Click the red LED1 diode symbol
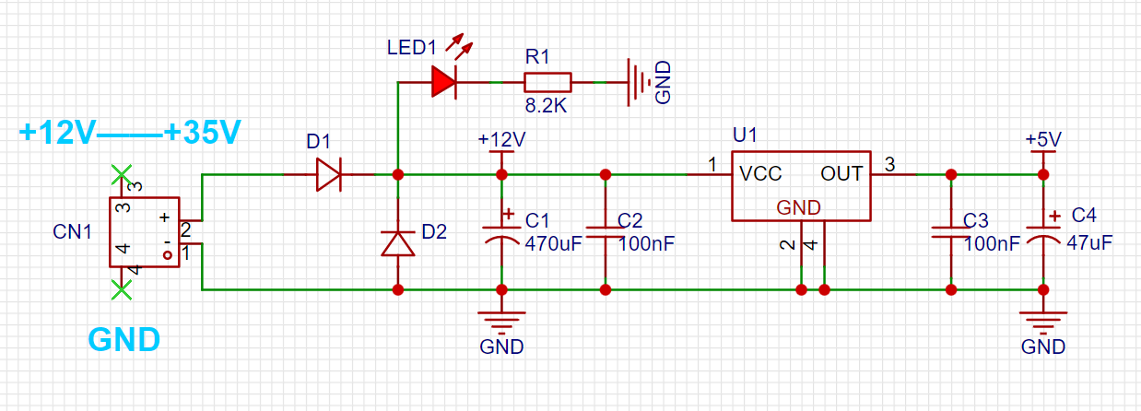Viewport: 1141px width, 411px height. click(443, 81)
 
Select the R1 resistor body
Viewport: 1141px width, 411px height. click(547, 82)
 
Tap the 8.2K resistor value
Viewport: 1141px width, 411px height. click(546, 106)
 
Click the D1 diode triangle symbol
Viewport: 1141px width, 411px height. click(328, 175)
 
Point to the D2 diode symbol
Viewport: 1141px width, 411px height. click(398, 243)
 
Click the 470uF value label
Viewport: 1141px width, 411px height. click(553, 244)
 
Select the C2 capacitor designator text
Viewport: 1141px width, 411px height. click(630, 220)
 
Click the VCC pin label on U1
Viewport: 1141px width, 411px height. click(760, 174)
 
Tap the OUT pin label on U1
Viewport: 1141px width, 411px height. click(841, 174)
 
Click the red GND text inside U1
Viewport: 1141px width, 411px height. click(799, 207)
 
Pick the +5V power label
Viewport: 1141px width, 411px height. click(1043, 139)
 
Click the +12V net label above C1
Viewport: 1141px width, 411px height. click(501, 139)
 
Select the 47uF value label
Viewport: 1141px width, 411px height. click(1089, 243)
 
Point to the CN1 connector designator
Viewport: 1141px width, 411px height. click(72, 231)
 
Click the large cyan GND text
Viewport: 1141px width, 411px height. click(124, 340)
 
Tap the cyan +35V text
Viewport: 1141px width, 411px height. click(202, 133)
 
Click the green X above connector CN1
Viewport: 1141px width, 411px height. click(122, 175)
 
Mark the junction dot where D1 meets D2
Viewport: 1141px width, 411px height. click(398, 175)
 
